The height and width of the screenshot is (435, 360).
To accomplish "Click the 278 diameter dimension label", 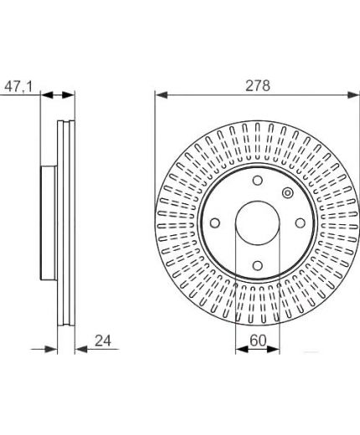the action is pyautogui.click(x=258, y=85).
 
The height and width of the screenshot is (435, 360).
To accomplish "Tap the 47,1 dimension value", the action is pyautogui.click(x=18, y=87).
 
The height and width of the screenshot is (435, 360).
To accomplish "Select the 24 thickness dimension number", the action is pyautogui.click(x=103, y=340).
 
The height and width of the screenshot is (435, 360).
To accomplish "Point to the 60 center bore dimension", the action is pyautogui.click(x=258, y=340).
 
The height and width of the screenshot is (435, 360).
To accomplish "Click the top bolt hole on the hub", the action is pyautogui.click(x=258, y=181).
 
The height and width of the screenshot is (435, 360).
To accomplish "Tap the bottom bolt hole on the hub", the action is pyautogui.click(x=258, y=265).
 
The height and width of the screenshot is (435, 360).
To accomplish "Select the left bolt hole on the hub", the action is pyautogui.click(x=215, y=223).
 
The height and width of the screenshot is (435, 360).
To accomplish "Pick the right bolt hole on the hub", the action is pyautogui.click(x=301, y=223).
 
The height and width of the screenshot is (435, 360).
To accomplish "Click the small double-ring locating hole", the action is pyautogui.click(x=287, y=193).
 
